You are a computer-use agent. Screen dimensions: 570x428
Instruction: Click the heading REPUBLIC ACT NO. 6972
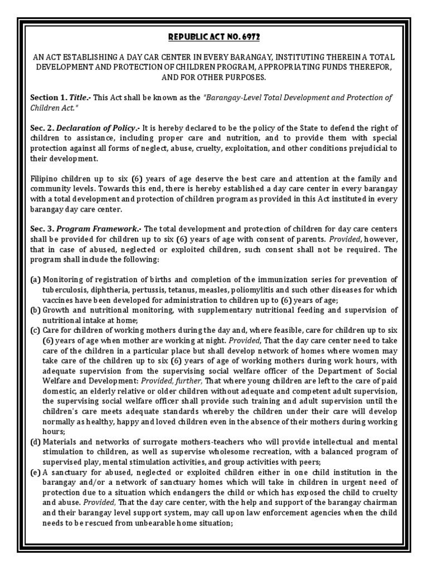click(214, 37)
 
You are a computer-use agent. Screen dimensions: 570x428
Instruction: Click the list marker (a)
click(36, 279)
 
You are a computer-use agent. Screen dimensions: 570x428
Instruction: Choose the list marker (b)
click(36, 309)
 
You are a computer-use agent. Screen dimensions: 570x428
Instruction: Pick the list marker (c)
click(36, 330)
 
